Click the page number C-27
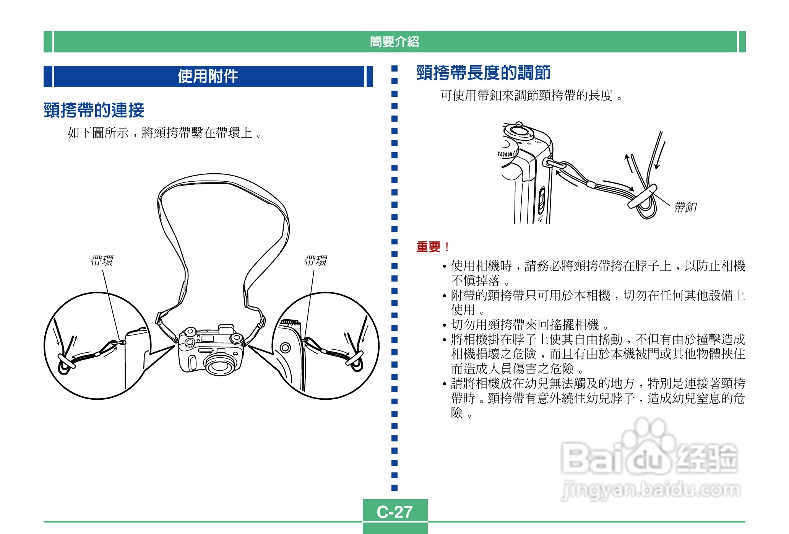394,511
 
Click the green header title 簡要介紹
394,41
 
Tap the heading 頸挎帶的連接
94,110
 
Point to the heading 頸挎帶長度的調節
483,73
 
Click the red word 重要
429,247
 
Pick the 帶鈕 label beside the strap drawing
685,207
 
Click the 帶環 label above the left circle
102,261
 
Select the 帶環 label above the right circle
315,261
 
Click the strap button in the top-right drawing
642,196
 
